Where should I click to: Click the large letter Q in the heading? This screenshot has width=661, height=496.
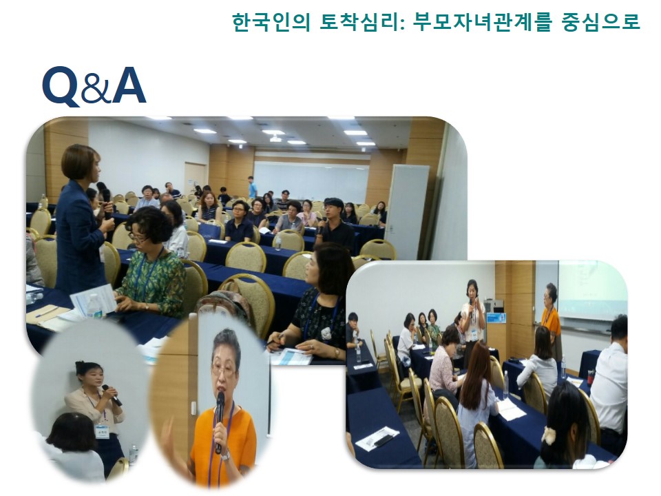(x=60, y=86)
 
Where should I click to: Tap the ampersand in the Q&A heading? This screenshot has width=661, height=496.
(x=95, y=89)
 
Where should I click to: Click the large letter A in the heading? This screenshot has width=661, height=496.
(x=129, y=85)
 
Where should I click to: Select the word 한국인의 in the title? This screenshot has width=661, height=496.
(x=271, y=21)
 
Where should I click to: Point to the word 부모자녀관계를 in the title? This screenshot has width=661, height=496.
(x=482, y=21)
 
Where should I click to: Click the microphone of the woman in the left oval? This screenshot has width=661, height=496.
(x=112, y=395)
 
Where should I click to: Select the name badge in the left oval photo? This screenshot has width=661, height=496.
(x=102, y=431)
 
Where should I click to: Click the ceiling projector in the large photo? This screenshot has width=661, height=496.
(x=275, y=138)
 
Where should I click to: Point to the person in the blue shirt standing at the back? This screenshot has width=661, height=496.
(x=252, y=187)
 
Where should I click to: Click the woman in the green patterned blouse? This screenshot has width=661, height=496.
(x=151, y=262)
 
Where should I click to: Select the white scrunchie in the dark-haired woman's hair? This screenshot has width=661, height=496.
(x=549, y=435)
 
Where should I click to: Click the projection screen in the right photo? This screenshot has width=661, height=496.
(x=592, y=289)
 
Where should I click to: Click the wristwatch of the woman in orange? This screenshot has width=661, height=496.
(x=226, y=455)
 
